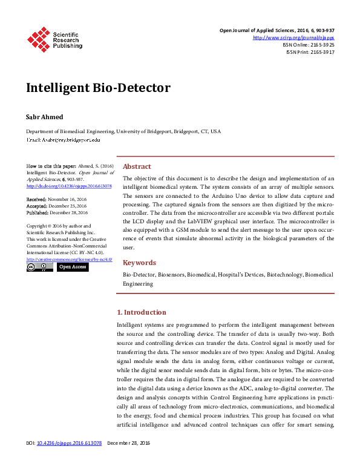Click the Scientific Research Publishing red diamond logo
click(x=38, y=39)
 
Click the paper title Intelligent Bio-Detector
click(x=98, y=88)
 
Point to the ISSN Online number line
click(x=308, y=45)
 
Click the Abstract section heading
click(x=137, y=166)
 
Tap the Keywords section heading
click(x=140, y=263)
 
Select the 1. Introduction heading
click(x=141, y=312)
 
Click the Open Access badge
click(x=73, y=267)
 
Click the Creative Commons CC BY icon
click(x=39, y=267)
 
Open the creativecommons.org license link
click(x=69, y=259)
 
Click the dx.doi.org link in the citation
click(x=69, y=186)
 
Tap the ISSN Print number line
click(x=310, y=52)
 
